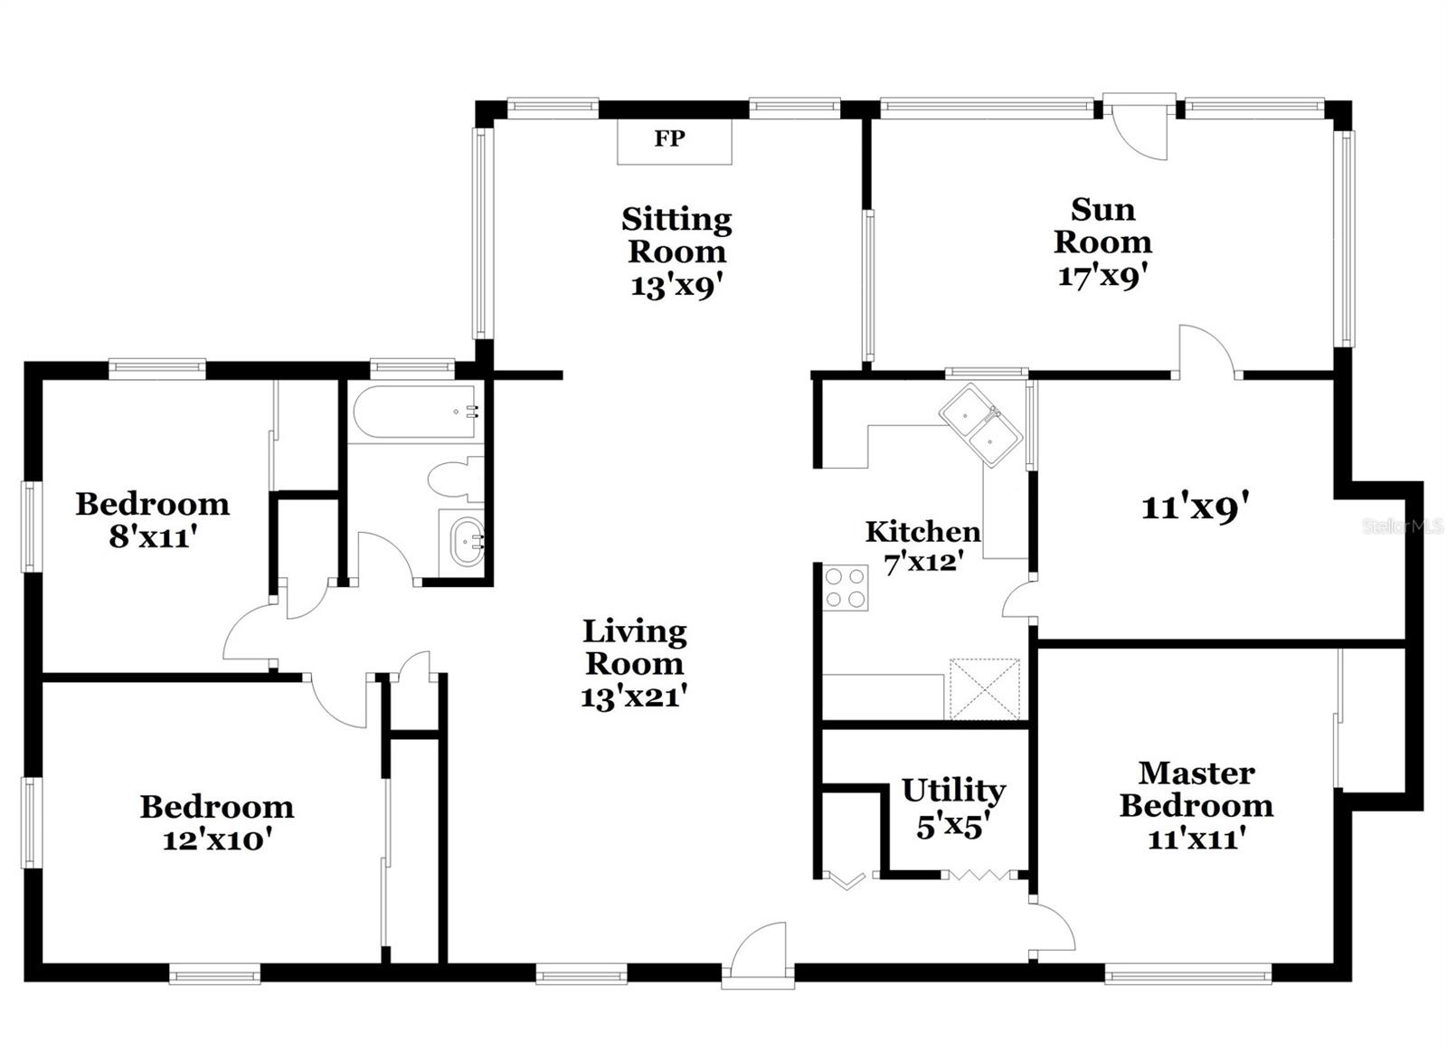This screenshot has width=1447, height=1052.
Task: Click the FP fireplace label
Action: tap(670, 139)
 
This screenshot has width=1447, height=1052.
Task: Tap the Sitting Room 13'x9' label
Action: tap(676, 251)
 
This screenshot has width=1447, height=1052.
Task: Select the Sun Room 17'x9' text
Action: tap(1102, 242)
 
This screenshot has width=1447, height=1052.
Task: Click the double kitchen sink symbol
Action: tap(980, 425)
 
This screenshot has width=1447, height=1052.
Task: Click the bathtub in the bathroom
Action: tap(413, 412)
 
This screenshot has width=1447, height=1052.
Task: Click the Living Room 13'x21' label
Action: tap(634, 664)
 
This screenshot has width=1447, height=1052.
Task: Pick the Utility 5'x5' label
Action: tap(952, 808)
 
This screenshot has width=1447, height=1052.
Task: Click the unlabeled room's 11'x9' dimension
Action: tap(1195, 507)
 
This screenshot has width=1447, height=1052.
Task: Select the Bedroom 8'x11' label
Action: tap(152, 520)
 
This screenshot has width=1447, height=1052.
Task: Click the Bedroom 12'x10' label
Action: tap(217, 822)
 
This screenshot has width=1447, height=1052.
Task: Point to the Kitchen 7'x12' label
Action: tap(922, 546)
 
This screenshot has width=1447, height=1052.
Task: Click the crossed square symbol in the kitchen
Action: tap(984, 689)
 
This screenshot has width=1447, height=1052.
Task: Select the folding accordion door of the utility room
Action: tap(979, 875)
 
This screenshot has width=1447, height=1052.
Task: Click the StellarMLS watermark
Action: tap(1402, 526)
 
